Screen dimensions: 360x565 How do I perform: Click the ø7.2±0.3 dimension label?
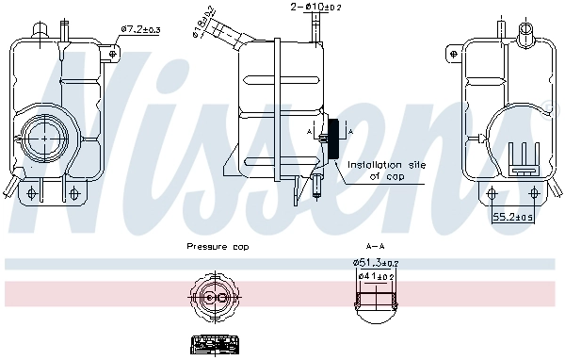141,30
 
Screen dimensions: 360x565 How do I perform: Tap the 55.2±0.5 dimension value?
513,217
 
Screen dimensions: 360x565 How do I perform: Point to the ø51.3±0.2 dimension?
374,262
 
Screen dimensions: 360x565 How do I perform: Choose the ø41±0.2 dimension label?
376,275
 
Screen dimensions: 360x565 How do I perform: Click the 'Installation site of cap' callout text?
387,170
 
